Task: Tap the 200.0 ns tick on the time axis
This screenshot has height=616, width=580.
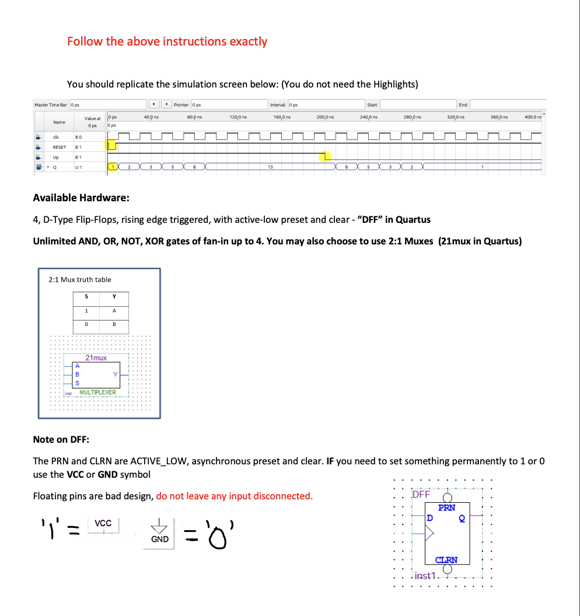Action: coord(324,118)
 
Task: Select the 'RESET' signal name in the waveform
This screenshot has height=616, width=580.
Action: coord(60,148)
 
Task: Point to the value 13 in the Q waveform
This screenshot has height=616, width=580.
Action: coord(270,167)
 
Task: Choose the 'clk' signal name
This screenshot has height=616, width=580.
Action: coord(55,137)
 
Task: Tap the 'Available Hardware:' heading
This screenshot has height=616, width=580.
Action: coord(81,197)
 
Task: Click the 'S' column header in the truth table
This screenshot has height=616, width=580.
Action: coord(87,296)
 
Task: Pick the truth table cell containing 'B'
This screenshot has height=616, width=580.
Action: coord(114,324)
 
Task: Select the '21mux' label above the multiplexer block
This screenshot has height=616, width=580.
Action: coord(96,358)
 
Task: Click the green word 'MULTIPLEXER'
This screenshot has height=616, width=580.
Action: coord(97,393)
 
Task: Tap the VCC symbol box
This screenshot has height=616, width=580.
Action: coord(103,523)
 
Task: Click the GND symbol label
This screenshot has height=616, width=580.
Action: coord(160,539)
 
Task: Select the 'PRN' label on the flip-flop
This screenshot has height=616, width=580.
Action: coord(446,508)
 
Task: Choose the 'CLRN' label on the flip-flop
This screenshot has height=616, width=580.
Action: coord(446,560)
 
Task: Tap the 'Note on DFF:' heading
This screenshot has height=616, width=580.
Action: coord(61,439)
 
